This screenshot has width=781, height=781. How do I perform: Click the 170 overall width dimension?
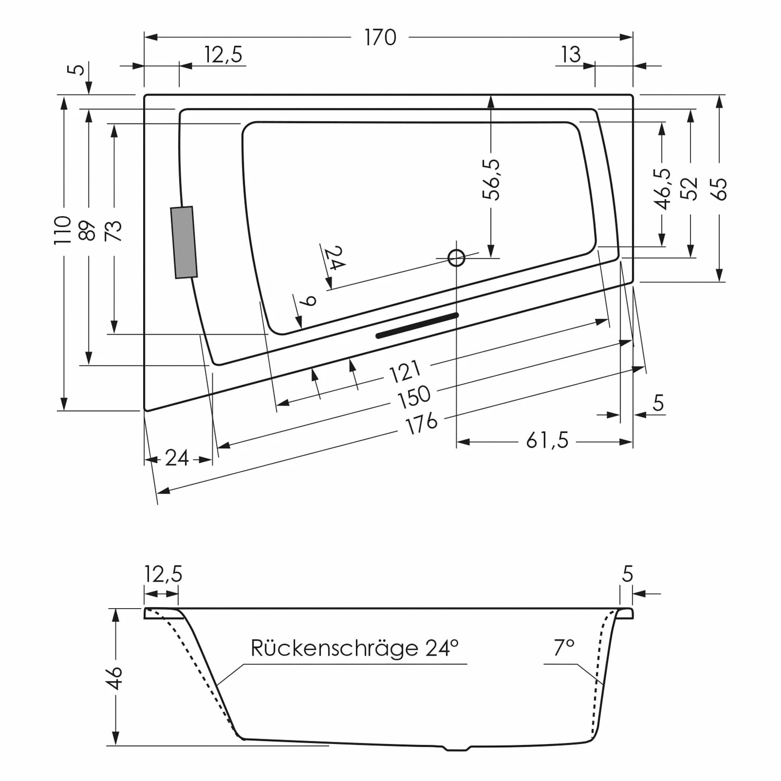click(380, 37)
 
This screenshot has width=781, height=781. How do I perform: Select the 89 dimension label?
click(89, 231)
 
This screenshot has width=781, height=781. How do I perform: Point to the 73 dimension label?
click(114, 231)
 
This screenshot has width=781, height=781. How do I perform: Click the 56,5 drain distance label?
click(491, 180)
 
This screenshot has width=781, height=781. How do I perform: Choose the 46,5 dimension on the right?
click(662, 188)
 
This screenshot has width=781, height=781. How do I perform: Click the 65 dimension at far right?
click(720, 188)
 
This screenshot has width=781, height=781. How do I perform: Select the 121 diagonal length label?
click(405, 371)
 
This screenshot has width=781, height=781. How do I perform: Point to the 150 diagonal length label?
click(414, 397)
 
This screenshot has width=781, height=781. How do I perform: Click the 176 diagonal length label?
click(421, 422)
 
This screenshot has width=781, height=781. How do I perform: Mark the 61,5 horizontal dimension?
click(547, 442)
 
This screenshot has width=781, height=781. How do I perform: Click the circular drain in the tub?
click(457, 258)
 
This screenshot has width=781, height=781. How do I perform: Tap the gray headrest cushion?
click(184, 242)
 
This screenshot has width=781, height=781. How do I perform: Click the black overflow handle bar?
click(417, 326)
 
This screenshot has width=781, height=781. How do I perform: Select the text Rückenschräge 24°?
click(355, 648)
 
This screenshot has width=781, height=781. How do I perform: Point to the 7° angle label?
click(564, 648)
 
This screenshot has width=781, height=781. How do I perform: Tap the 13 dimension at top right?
click(571, 54)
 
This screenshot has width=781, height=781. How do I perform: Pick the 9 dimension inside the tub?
click(309, 301)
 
